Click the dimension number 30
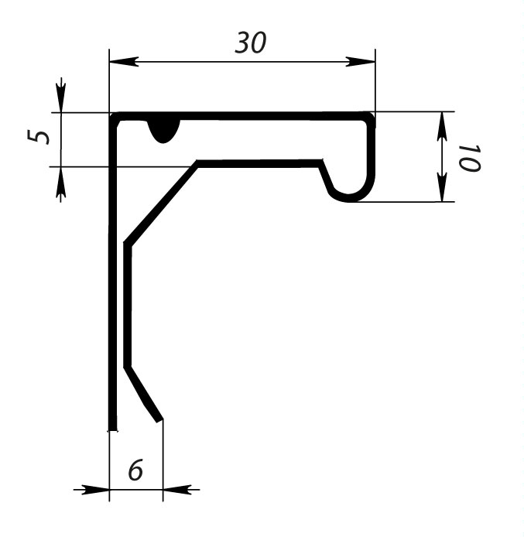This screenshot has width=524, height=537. point(250,43)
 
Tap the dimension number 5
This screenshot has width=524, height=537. point(38,137)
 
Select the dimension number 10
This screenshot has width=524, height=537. point(470,158)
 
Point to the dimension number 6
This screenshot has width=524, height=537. point(135,470)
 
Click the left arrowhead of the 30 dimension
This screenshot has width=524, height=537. point(124,62)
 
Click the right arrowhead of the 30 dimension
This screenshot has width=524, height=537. point(360,62)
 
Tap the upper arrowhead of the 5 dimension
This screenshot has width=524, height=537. point(61,95)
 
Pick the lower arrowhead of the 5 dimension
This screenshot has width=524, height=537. point(61,184)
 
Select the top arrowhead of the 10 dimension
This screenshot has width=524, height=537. point(442,126)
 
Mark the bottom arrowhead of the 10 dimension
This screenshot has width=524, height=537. point(442,187)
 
